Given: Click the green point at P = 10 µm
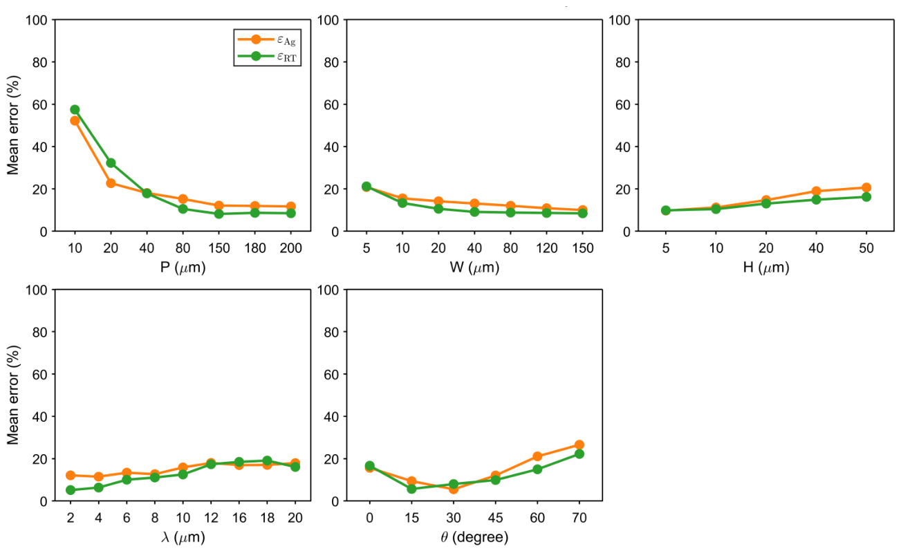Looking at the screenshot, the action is [75, 109].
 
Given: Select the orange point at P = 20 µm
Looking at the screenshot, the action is [111, 183].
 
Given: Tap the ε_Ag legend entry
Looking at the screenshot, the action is [267, 39].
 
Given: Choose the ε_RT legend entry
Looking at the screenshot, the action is [267, 56].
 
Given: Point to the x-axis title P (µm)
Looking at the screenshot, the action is [183, 268].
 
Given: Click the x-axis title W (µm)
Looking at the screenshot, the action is [474, 268].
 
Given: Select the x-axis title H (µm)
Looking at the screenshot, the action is [766, 268].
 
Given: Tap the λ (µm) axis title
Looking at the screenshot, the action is [183, 537].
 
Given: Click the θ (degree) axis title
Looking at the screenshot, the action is [474, 537].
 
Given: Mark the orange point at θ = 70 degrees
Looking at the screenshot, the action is [579, 445].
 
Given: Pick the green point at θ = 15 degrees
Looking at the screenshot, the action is [411, 489].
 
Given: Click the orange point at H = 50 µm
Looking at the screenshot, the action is [866, 187].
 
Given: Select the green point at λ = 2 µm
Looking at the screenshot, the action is [71, 490].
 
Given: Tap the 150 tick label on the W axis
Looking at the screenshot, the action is [582, 248].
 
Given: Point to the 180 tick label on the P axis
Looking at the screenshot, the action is [255, 248].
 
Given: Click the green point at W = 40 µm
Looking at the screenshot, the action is [474, 212].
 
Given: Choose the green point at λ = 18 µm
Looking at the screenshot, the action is [267, 461].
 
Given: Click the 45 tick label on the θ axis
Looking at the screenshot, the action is [495, 518].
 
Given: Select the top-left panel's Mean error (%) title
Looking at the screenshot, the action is [13, 125].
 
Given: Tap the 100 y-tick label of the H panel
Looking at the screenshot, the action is [620, 20].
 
